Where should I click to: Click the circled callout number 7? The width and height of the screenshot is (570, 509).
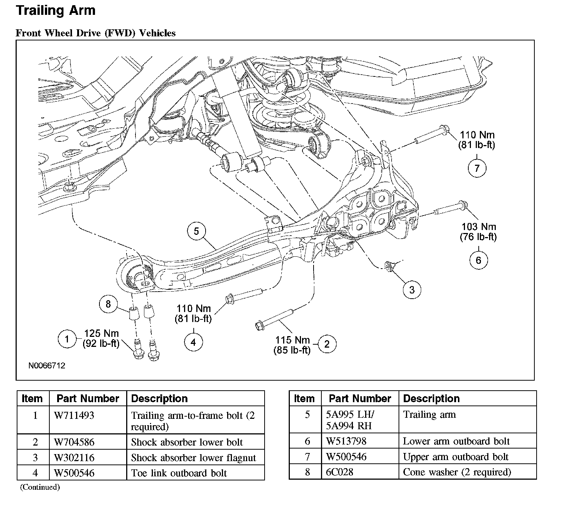click(x=477, y=168)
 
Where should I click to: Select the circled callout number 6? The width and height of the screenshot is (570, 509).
click(x=478, y=260)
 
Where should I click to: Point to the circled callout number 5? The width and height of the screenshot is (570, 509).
click(x=196, y=231)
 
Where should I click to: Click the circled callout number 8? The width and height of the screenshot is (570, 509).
click(x=108, y=304)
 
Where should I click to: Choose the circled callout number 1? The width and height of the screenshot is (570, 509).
click(x=67, y=339)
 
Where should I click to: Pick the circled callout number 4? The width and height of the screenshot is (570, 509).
click(x=193, y=342)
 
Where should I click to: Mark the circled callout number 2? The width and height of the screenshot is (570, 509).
click(x=327, y=344)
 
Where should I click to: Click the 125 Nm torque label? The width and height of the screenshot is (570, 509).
click(x=101, y=333)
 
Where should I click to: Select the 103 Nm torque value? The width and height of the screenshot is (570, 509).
click(x=479, y=226)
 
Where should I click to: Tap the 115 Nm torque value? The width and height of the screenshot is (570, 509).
click(x=292, y=339)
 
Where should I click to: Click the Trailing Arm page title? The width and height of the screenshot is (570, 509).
click(x=56, y=10)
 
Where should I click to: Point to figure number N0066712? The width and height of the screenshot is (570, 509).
click(x=47, y=365)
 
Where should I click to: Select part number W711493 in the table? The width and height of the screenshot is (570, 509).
click(x=74, y=415)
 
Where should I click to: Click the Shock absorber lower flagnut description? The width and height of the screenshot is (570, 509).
click(x=193, y=457)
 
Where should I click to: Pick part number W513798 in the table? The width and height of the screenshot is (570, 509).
click(x=346, y=441)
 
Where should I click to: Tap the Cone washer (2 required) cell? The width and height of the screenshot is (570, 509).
click(x=457, y=472)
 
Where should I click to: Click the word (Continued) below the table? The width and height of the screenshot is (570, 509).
click(x=40, y=487)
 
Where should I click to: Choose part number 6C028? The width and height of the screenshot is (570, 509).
click(x=340, y=472)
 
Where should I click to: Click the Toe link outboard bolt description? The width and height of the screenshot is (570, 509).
click(x=179, y=473)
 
